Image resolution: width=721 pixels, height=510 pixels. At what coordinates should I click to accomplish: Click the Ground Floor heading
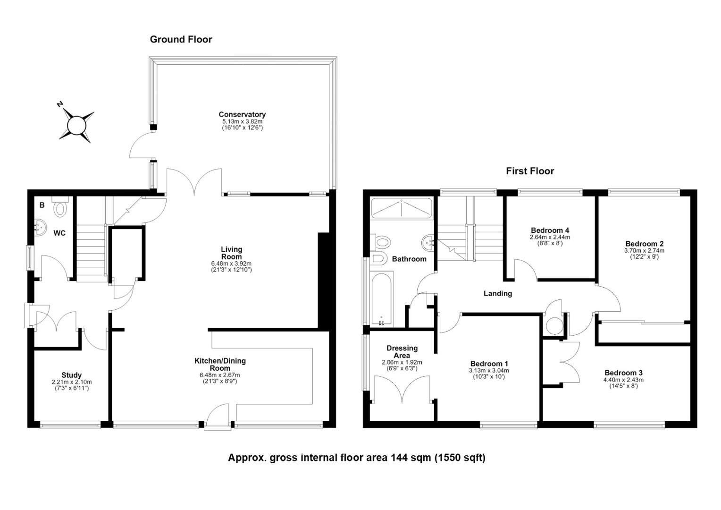181,40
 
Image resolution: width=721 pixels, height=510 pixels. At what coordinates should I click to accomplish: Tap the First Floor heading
530,171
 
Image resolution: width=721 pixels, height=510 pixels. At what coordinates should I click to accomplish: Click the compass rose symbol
76,125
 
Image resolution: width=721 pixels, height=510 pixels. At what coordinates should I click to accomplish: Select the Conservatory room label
242,114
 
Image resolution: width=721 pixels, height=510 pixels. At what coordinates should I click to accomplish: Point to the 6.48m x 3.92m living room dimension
231,263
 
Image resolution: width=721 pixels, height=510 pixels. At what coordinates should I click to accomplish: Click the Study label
71,375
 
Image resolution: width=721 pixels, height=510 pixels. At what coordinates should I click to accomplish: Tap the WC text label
59,233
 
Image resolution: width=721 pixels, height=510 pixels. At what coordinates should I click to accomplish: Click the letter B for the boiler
42,205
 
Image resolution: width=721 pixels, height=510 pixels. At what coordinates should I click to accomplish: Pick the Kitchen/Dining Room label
220,365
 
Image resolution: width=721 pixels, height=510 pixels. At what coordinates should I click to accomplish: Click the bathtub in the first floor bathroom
381,298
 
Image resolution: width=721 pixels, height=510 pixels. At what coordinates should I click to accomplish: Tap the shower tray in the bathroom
402,208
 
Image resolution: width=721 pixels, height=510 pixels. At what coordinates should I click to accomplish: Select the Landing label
498,294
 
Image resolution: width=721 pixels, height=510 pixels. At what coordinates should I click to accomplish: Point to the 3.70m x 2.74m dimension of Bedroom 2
644,250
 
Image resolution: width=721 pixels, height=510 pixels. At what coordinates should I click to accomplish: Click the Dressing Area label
402,351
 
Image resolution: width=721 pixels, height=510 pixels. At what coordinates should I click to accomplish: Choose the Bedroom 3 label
623,373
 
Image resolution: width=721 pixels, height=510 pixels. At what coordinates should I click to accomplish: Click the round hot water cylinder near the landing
553,326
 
